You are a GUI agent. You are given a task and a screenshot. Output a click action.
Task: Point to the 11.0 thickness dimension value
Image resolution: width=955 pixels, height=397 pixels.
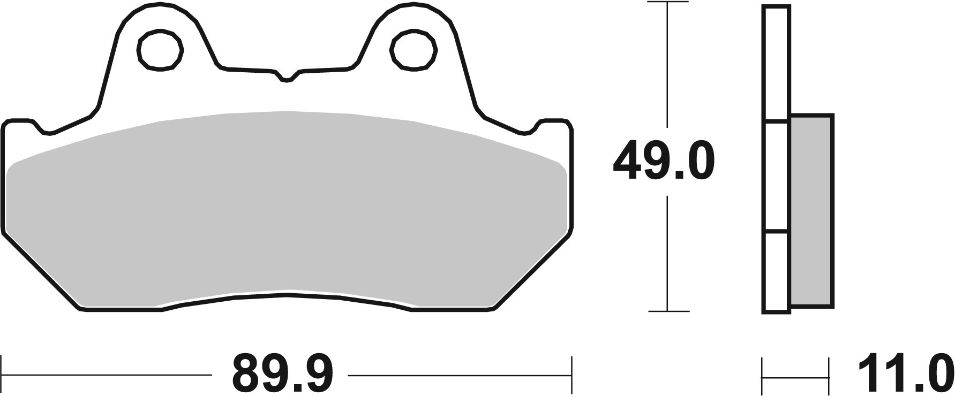[x=905, y=373]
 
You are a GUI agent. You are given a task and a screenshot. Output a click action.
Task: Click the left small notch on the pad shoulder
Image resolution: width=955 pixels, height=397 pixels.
[x=45, y=128]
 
